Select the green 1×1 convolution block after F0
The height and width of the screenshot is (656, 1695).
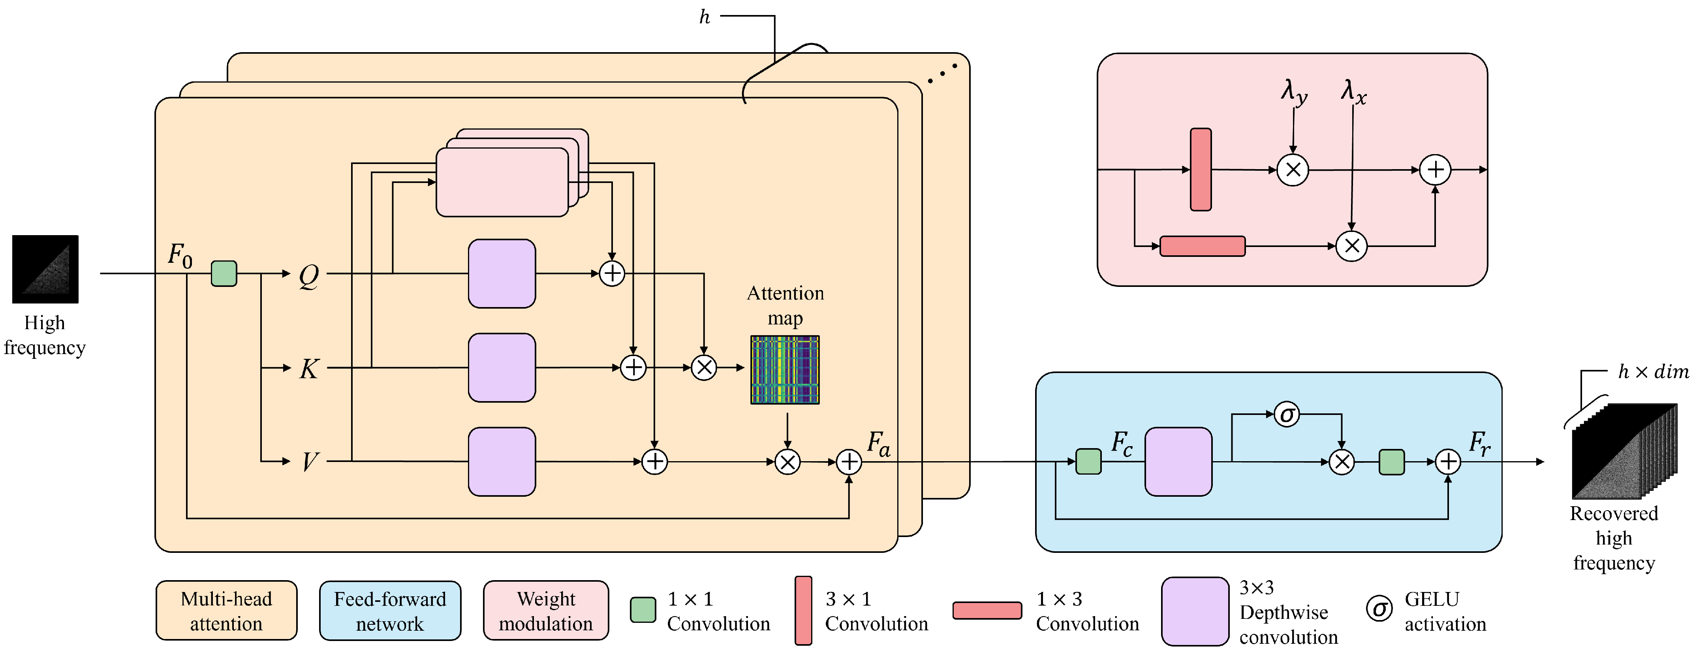click(x=224, y=273)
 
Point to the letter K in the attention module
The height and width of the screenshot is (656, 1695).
click(x=308, y=369)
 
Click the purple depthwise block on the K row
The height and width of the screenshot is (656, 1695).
click(x=502, y=368)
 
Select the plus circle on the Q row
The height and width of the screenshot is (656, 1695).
click(x=612, y=273)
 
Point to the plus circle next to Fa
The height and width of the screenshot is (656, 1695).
click(x=849, y=462)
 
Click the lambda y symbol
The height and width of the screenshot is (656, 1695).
click(x=1294, y=92)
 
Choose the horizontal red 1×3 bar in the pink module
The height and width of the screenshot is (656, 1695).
click(x=1202, y=246)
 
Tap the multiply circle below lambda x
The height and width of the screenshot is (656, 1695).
click(x=1351, y=246)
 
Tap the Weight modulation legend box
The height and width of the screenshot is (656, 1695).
click(x=545, y=611)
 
